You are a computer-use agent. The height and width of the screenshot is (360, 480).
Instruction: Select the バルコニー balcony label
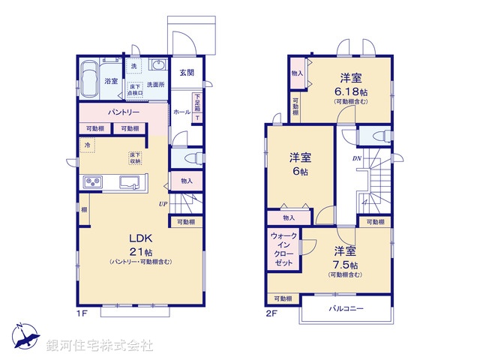(x=346, y=308)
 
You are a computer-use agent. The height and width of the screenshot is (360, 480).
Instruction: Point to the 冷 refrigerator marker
(x=88, y=143)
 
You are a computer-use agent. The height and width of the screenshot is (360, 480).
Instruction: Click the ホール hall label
(x=181, y=112)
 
